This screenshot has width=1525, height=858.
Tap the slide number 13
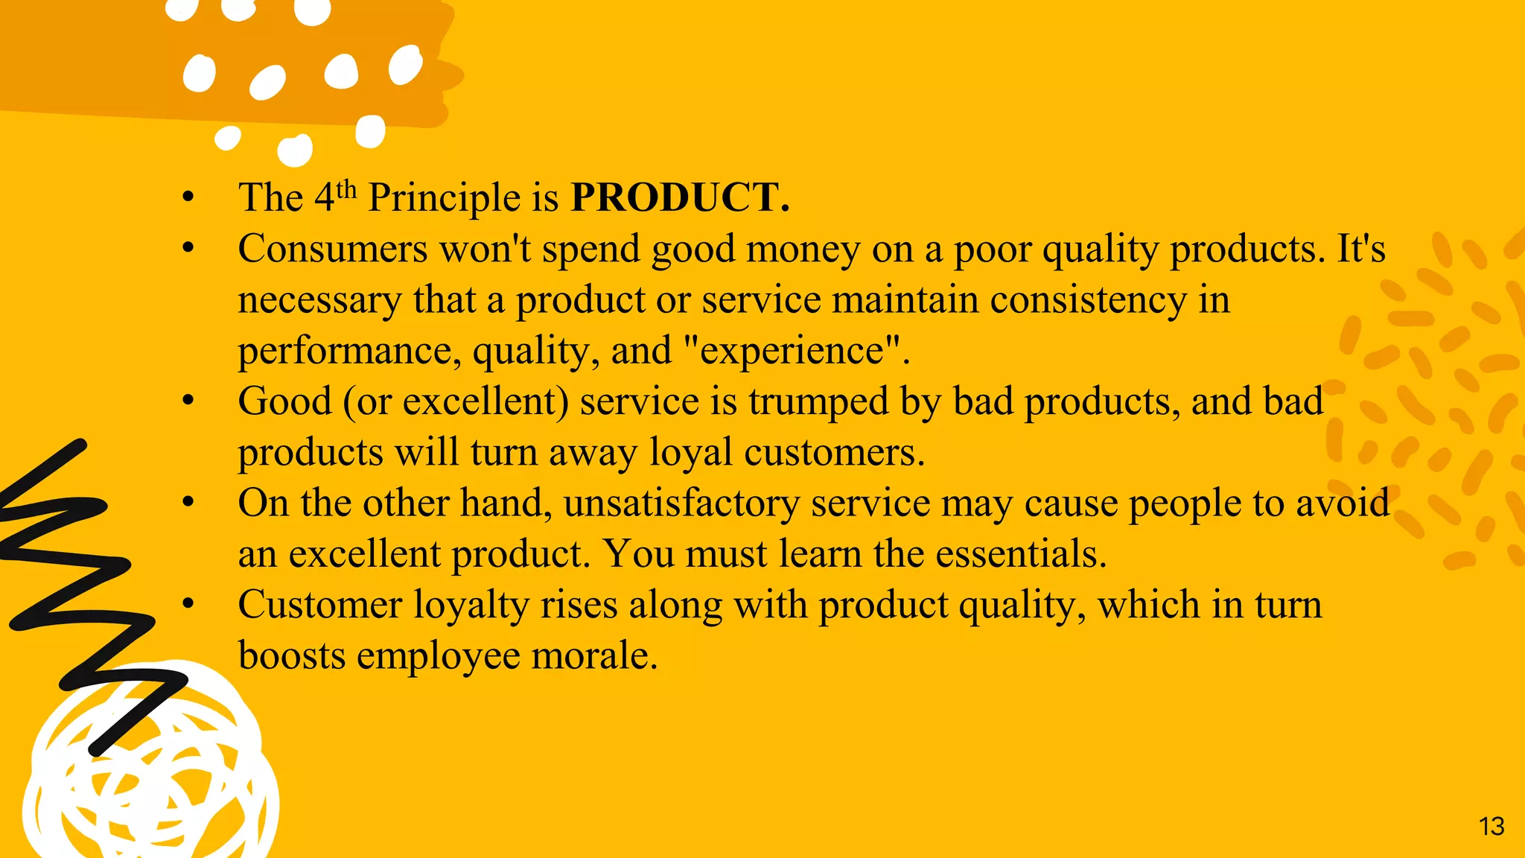1491,826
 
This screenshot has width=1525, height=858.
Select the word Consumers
333,249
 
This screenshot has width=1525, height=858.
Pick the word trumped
818,402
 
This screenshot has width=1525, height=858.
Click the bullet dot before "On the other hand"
188,503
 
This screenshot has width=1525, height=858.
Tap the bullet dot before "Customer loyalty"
188,604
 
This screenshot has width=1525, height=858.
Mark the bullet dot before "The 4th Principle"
188,198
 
